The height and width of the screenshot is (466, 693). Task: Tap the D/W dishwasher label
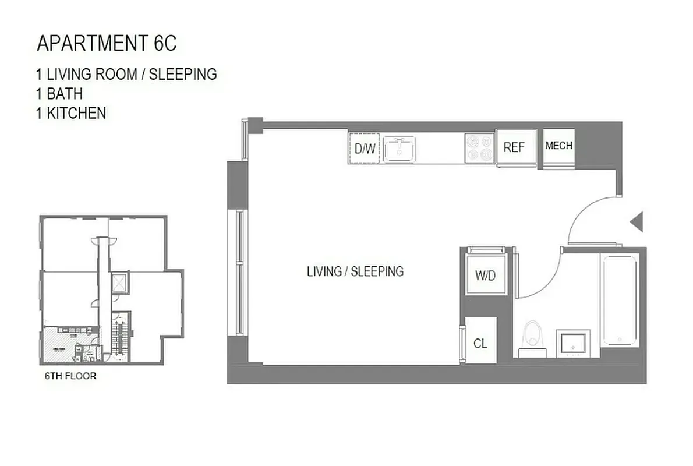365,149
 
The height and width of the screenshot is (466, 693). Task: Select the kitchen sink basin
399,149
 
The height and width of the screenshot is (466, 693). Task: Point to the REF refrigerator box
515,147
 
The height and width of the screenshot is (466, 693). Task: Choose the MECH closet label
558,146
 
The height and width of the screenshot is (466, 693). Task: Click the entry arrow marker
637,221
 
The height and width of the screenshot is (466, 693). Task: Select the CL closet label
480,344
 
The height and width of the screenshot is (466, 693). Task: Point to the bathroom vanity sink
573,344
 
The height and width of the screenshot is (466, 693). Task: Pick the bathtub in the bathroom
620,299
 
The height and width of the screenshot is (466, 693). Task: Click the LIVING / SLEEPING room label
355,271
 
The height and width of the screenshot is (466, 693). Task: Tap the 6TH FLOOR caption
70,376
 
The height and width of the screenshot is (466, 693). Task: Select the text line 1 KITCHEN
71,113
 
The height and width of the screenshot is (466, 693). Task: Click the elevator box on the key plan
120,283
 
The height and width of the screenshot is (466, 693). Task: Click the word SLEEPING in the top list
184,74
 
